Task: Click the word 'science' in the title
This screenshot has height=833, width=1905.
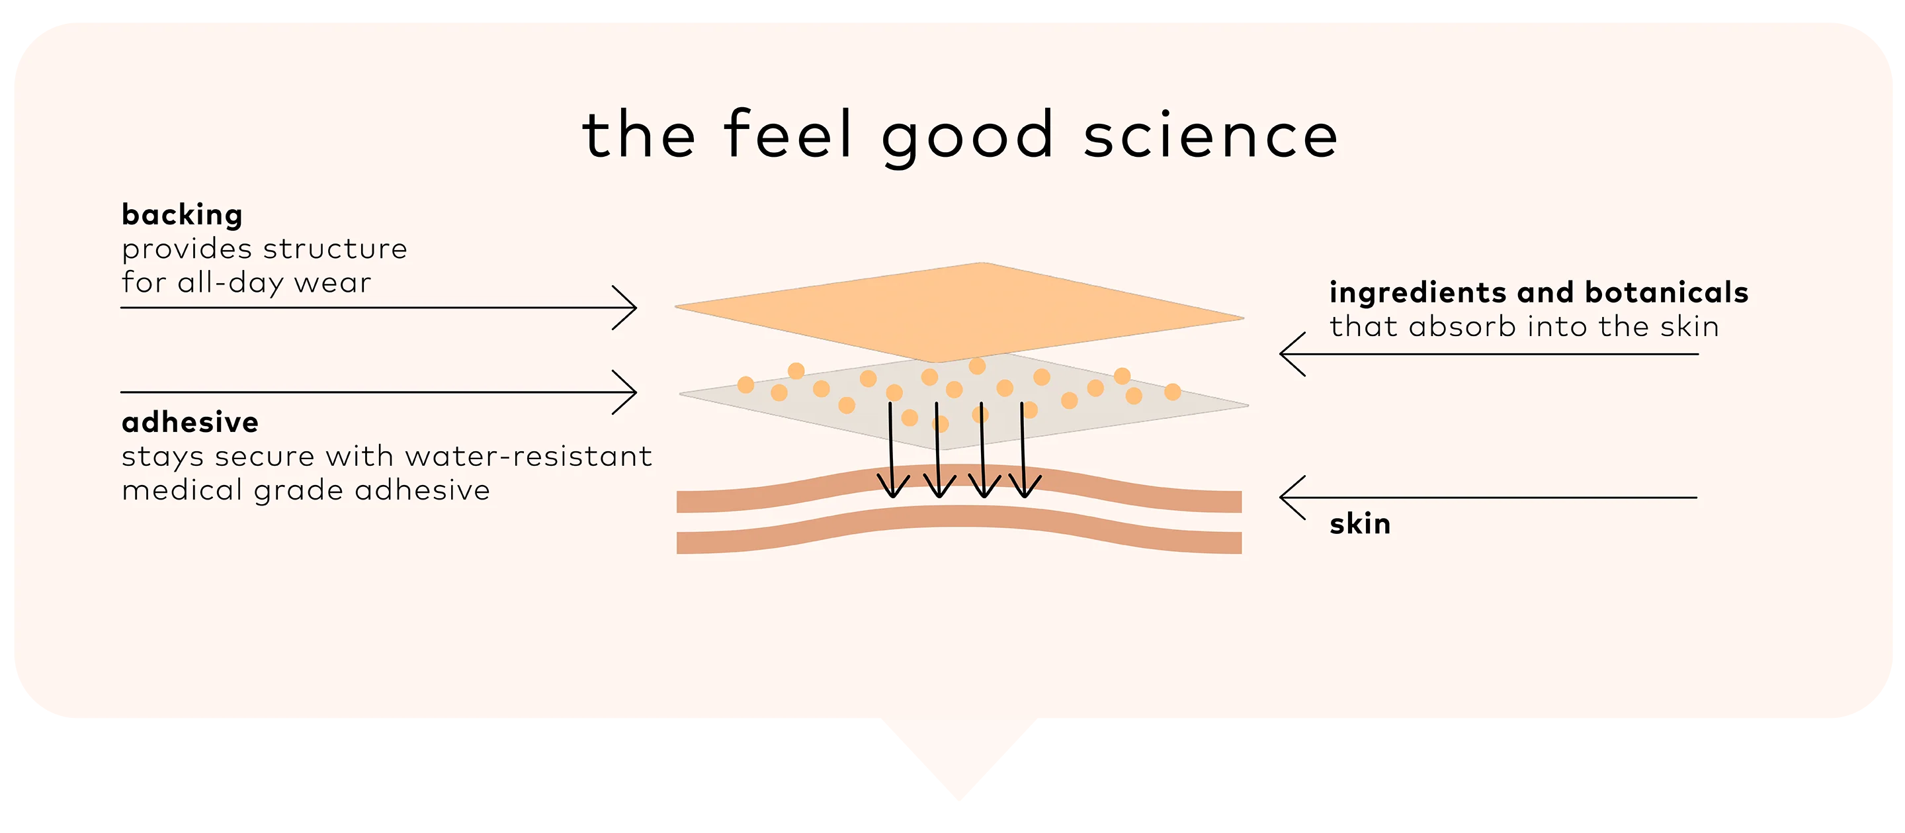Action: coord(1211,136)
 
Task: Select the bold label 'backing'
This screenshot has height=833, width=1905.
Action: coord(182,215)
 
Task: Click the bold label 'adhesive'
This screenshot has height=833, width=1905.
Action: coord(190,422)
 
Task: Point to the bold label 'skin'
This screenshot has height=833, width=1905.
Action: coord(1360,524)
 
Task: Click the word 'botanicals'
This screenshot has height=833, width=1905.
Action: coord(1667,292)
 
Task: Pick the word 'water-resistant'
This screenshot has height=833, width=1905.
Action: coord(529,457)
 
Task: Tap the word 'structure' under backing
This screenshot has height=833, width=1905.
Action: coord(335,249)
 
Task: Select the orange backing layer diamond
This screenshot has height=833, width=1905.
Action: coord(959,312)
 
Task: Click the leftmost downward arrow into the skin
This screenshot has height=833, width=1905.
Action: coord(892,450)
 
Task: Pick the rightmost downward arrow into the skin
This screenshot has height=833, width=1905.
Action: coord(1024,450)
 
